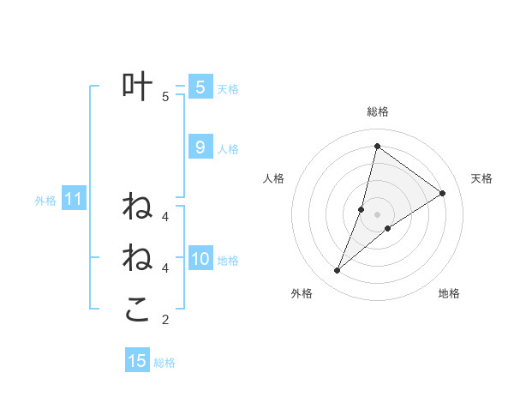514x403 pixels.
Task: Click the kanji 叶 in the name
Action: (x=138, y=87)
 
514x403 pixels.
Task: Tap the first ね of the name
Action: (x=137, y=206)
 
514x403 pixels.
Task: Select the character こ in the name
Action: (x=137, y=310)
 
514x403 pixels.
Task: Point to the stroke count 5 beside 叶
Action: (x=165, y=97)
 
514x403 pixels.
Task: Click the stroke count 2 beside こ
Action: (x=165, y=320)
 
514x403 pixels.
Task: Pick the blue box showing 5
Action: (x=200, y=87)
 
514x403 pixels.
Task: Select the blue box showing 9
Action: (x=200, y=147)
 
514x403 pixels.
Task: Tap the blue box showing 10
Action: (x=200, y=259)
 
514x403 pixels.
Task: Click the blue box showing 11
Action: (x=73, y=200)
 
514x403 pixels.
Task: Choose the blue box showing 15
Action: (x=137, y=361)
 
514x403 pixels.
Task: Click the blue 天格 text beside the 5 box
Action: (x=228, y=89)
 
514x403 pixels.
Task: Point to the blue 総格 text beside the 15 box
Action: (x=164, y=363)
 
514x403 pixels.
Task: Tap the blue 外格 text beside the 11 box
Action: (x=45, y=201)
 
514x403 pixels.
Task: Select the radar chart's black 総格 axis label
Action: (x=378, y=111)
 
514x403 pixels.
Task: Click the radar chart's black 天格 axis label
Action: (x=481, y=178)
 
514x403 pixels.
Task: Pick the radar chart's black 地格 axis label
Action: (x=449, y=293)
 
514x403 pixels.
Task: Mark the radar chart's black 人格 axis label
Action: (x=274, y=178)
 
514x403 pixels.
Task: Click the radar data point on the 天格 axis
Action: (x=443, y=193)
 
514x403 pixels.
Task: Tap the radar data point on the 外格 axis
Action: (x=338, y=271)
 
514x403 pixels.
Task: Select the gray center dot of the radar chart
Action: (x=378, y=214)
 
